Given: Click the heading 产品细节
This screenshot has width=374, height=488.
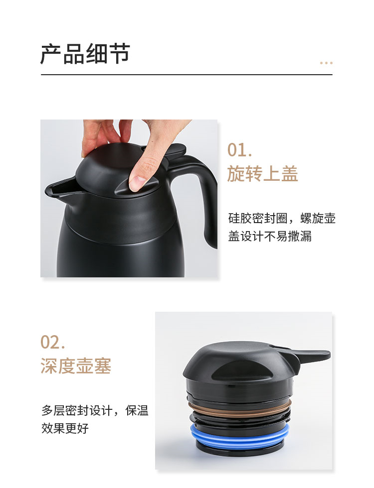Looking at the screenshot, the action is (x=85, y=54).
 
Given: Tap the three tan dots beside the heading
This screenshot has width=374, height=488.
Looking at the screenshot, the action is (x=326, y=63).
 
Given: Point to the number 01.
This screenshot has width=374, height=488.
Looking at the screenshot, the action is (x=239, y=150).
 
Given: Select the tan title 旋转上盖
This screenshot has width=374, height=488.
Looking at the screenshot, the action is (x=262, y=173).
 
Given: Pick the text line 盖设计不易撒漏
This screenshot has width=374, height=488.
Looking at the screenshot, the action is (x=270, y=236).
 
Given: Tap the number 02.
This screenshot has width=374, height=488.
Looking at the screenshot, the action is (x=52, y=342).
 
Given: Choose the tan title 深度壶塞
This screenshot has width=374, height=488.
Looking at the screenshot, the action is (x=76, y=366).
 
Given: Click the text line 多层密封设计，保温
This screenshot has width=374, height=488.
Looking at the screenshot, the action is (x=95, y=410).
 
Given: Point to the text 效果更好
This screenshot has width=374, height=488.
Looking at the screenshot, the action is (x=65, y=428).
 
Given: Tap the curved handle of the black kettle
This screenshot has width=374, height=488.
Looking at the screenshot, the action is (x=202, y=199).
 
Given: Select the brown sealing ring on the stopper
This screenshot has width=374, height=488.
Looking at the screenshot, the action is (x=239, y=408).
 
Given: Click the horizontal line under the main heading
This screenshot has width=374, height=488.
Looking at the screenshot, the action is (x=187, y=75).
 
